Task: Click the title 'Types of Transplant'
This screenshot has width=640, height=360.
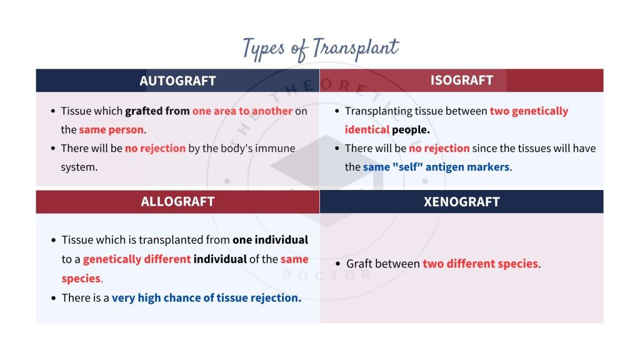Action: click(x=320, y=48)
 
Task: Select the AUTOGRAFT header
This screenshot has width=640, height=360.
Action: click(x=177, y=81)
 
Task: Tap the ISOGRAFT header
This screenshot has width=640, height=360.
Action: click(x=461, y=80)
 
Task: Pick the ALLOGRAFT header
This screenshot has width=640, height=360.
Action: click(x=177, y=201)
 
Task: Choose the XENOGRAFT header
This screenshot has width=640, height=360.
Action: click(x=461, y=202)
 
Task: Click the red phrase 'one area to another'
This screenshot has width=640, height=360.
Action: click(x=242, y=111)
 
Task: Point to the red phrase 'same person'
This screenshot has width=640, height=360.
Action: click(x=111, y=130)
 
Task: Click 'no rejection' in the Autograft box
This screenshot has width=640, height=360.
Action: click(x=155, y=149)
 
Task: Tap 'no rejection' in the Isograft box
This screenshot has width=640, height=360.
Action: click(x=439, y=149)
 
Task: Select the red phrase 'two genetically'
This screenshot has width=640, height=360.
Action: click(x=529, y=111)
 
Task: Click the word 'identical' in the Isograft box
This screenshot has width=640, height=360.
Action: click(x=367, y=130)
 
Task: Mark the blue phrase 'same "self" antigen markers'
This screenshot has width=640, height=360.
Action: click(x=436, y=167)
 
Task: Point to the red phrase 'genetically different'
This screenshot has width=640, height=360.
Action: click(x=137, y=259)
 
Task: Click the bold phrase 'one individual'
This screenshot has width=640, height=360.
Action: click(x=270, y=240)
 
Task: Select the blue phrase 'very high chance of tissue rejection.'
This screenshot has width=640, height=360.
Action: click(x=206, y=298)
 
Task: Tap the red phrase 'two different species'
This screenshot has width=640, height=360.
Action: click(x=480, y=264)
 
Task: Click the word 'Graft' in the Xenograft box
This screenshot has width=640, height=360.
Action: click(x=361, y=264)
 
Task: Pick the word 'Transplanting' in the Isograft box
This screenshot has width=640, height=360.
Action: click(x=382, y=111)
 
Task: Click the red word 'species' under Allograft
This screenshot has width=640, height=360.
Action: click(x=81, y=278)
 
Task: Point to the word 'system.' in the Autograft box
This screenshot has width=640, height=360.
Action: click(x=79, y=167)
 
